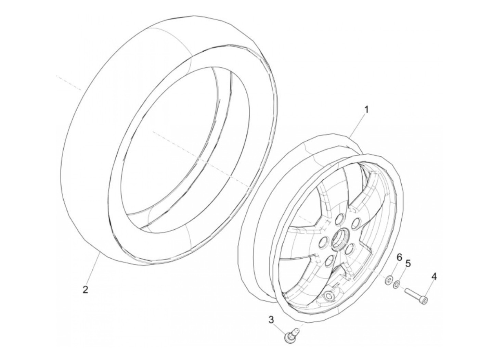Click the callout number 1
pyautogui.click(x=366, y=110)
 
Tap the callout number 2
pyautogui.click(x=85, y=289)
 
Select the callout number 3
pyautogui.click(x=271, y=320)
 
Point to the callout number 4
pyautogui.click(x=434, y=276)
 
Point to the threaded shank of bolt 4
pyautogui.click(x=413, y=294)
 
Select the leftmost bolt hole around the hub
pyautogui.click(x=322, y=243)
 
